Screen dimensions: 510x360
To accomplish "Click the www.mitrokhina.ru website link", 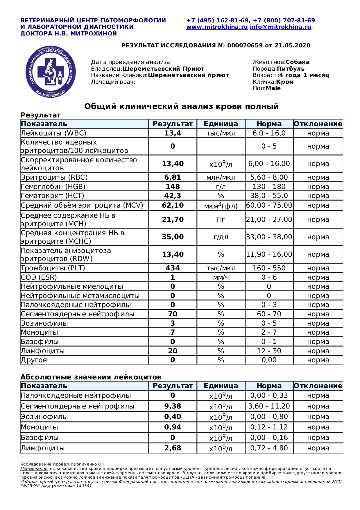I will point(217,27).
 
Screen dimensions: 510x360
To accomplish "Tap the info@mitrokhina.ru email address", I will point(280,27).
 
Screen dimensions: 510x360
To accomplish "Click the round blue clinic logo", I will point(51,72).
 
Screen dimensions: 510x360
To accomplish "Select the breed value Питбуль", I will point(291,69).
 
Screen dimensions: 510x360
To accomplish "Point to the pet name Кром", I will point(285,82).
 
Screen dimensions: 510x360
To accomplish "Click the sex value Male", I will point(273,88).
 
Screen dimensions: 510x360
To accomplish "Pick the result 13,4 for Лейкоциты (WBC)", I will point(173,133).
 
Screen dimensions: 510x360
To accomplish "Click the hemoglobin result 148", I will point(173,187).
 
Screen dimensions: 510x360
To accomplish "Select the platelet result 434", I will point(173,268).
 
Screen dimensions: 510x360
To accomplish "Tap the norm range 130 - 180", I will point(269,187).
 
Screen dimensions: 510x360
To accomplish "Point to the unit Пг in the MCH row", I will point(221,220).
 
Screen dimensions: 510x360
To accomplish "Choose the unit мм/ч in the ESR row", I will point(221,277).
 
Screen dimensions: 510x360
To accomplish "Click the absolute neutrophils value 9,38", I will point(173,406).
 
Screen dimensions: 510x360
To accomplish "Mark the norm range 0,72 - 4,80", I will point(269,448).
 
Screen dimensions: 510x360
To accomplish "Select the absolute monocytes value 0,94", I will point(173,427).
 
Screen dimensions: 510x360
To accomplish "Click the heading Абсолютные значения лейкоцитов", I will point(91,377).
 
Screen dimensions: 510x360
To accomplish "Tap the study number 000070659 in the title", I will point(245,46).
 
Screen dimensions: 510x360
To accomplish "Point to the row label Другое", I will point(34,360).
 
